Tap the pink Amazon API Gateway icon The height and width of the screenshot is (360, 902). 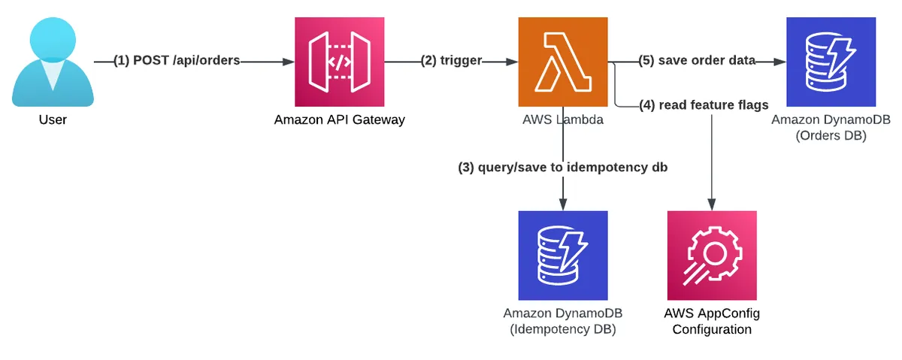coord(340,62)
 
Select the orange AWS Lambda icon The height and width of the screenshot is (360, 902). coord(563,62)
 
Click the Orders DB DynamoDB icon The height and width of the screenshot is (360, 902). coord(831,62)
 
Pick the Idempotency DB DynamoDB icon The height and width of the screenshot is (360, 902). coord(563,256)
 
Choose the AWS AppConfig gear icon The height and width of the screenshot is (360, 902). coord(712,256)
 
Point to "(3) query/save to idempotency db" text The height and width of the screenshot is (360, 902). coord(563,168)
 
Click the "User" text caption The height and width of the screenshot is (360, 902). coord(53,119)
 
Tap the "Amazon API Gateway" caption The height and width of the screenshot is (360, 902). coord(340,119)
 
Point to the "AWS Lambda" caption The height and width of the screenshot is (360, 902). coord(563,119)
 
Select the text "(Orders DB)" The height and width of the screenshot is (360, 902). coord(831,135)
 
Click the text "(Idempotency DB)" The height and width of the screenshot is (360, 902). coord(563,328)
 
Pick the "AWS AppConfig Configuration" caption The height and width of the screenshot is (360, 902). coord(712,321)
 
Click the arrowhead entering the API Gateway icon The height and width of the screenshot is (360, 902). coord(289,62)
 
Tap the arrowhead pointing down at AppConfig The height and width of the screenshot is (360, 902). coord(712,204)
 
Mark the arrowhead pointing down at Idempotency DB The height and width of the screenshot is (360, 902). coord(563,204)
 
